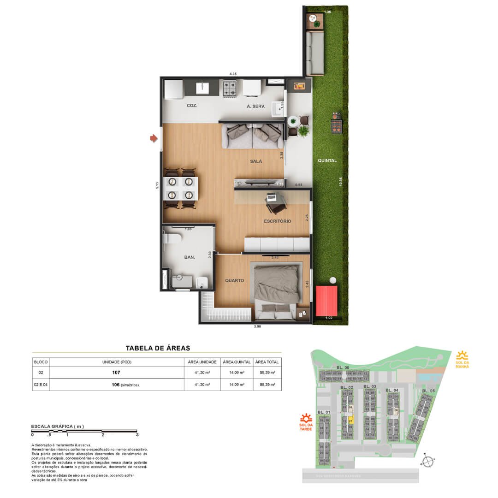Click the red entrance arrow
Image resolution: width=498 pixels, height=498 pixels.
pos(153,138)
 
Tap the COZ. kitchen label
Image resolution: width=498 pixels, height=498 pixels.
pos(192,106)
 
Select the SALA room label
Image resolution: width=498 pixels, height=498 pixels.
pos(256,161)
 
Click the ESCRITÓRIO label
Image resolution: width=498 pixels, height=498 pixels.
pos(277,221)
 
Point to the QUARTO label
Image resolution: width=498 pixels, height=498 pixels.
pos(234,280)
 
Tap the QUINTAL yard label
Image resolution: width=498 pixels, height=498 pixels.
pos(327,161)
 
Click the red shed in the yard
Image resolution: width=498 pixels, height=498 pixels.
pos(326,300)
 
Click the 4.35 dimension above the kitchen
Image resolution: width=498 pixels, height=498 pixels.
pos(233,74)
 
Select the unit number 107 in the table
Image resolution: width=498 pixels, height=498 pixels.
pos(116,373)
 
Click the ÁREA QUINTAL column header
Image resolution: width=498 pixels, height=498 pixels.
pos(237,362)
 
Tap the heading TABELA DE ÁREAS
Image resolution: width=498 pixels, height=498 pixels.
pos(158,348)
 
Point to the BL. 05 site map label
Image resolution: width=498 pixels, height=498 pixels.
pos(428,391)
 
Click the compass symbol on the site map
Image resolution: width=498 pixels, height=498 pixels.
pos(428,461)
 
